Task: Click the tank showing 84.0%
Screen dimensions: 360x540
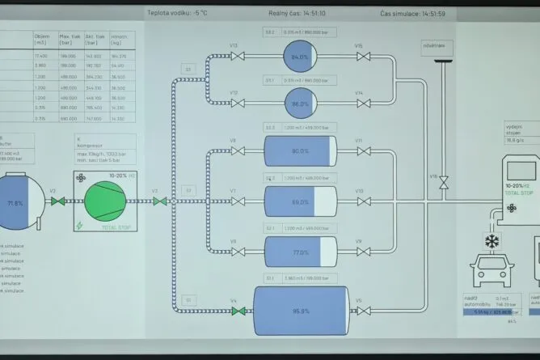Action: [x=300, y=57]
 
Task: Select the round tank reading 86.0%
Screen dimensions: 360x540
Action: [x=300, y=104]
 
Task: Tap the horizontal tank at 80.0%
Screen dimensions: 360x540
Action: [x=300, y=151]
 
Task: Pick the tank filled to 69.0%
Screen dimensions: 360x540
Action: [x=300, y=201]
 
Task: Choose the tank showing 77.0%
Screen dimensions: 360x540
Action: [x=300, y=252]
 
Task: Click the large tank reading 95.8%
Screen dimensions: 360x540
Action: [x=302, y=311]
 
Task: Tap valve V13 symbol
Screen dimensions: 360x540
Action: [x=234, y=57]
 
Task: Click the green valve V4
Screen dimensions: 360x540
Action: [x=234, y=311]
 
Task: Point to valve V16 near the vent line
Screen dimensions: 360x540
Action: [x=443, y=185]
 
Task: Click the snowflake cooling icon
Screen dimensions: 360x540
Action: [x=490, y=241]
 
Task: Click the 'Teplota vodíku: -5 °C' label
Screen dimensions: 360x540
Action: [x=177, y=13]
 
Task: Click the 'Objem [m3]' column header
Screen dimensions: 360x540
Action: [x=43, y=39]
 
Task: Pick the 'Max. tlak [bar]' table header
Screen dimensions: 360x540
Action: [x=70, y=39]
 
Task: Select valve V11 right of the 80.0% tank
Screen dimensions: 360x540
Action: [x=359, y=151]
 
